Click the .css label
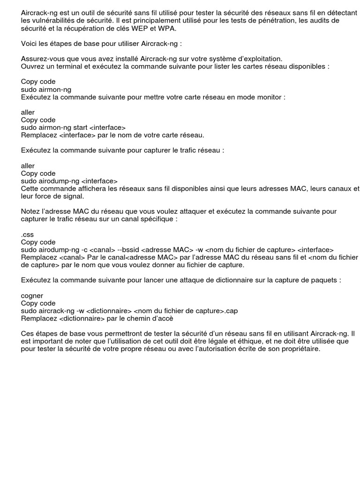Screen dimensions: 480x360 [x=27, y=234]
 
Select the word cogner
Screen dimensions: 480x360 [x=32, y=295]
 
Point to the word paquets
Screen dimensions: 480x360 [x=326, y=280]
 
